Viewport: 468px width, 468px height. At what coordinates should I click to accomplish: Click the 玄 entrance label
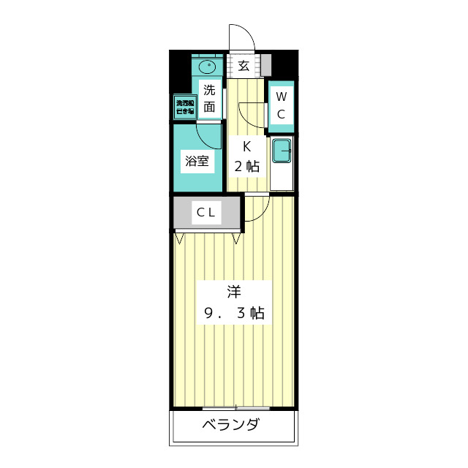(244, 66)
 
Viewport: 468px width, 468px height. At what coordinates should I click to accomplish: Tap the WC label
(282, 105)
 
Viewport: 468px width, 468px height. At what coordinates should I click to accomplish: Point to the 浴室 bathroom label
(197, 161)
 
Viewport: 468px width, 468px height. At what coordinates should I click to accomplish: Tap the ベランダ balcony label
(230, 425)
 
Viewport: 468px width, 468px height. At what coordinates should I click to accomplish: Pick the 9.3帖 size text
(234, 314)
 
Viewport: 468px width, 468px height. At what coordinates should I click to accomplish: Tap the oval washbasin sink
(208, 67)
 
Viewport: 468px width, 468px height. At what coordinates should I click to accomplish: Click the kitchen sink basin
(282, 152)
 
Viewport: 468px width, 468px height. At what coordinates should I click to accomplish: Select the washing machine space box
(184, 107)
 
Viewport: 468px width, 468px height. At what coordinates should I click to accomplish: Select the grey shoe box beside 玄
(265, 65)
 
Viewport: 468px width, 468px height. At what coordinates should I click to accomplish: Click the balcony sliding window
(235, 407)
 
